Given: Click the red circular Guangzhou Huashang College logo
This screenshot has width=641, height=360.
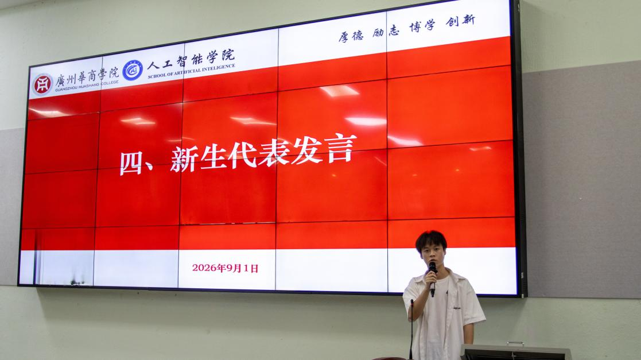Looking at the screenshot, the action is [x=42, y=84].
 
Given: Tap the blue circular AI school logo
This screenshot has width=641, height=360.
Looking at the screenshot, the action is [x=133, y=71].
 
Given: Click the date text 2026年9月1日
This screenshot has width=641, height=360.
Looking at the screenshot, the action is [x=226, y=268].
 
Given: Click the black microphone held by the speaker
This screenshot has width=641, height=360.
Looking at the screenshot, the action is [x=432, y=278].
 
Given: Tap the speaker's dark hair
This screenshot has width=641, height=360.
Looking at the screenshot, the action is [x=431, y=241].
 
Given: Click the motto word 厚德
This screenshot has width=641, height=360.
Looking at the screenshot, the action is [x=351, y=36].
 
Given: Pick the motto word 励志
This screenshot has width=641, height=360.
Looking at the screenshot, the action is [x=386, y=31].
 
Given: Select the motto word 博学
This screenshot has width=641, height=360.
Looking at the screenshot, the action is [x=422, y=26].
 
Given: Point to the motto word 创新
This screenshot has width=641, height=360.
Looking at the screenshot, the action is [x=460, y=21].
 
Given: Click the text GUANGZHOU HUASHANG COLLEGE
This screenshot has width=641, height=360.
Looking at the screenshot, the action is [x=87, y=86].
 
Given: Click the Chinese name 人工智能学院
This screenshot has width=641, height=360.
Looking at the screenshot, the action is [x=191, y=59].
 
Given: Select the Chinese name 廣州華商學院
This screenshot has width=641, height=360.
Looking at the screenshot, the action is [x=87, y=76].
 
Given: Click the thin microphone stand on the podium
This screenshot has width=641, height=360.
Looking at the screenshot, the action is [x=411, y=330].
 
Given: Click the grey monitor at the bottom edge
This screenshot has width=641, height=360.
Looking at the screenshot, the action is [x=515, y=352].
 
